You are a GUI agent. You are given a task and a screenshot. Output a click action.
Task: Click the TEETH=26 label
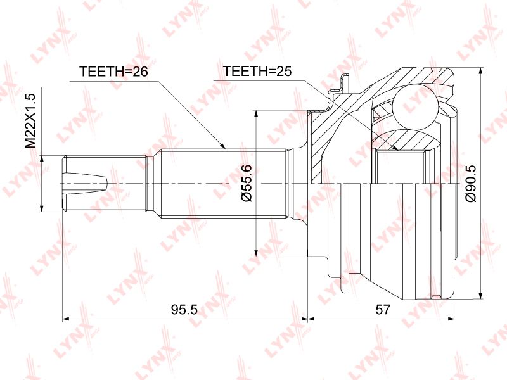click(x=113, y=72)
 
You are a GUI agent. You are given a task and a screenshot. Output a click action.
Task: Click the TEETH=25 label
click(x=257, y=71)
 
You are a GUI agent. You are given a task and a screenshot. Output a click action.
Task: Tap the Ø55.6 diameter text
click(x=246, y=183)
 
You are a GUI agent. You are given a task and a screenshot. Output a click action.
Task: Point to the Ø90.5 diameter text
click(x=471, y=183)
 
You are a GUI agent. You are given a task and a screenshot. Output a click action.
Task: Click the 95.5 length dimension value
click(x=184, y=310)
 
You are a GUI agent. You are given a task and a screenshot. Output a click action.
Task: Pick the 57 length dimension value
click(x=383, y=310)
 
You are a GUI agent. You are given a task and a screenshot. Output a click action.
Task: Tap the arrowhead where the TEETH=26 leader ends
click(x=222, y=146)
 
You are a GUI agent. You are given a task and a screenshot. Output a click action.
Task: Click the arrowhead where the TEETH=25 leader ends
click(x=394, y=148)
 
